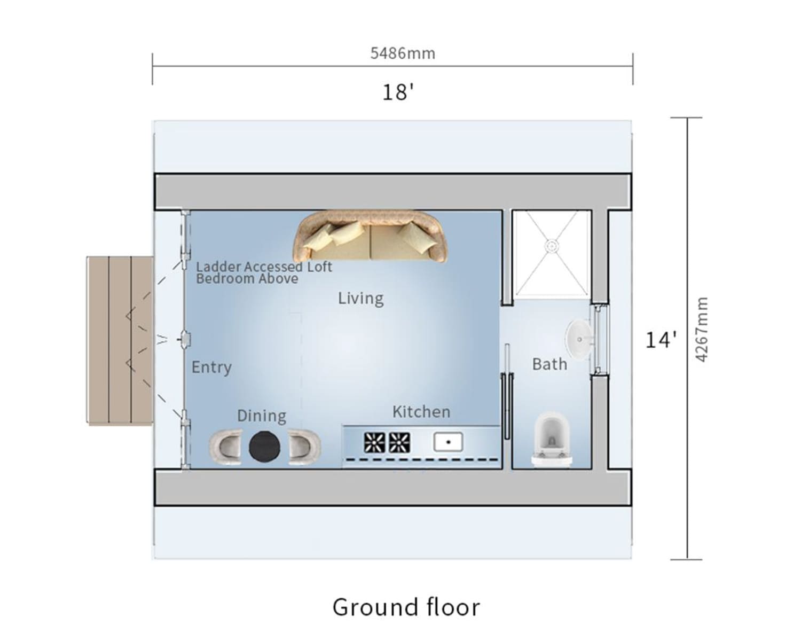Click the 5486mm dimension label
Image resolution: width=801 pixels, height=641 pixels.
click(402, 53)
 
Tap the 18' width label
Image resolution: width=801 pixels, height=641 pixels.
click(398, 92)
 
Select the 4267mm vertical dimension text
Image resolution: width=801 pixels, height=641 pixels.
click(701, 329)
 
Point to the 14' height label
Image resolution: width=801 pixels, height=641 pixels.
click(661, 340)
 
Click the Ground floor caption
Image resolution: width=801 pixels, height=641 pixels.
click(406, 607)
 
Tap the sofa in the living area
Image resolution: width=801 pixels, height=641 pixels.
click(370, 237)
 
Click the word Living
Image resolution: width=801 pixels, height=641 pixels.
click(360, 299)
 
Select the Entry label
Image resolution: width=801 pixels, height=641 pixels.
click(211, 368)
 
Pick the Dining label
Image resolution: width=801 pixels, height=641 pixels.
click(262, 416)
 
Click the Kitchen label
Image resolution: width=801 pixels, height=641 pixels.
click(421, 411)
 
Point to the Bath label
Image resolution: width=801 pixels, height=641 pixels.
click(550, 364)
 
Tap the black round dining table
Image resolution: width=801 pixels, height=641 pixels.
click(265, 447)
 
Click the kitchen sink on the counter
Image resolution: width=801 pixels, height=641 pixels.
click(448, 442)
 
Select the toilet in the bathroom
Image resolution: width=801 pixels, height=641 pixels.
click(552, 439)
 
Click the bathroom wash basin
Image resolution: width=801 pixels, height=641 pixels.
click(579, 339)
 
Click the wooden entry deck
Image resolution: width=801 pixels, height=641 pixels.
click(120, 340)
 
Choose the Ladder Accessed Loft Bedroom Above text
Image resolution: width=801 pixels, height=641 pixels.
click(264, 272)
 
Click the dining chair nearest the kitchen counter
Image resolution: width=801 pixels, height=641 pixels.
click(304, 447)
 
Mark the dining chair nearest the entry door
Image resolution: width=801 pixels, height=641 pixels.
click(225, 447)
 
